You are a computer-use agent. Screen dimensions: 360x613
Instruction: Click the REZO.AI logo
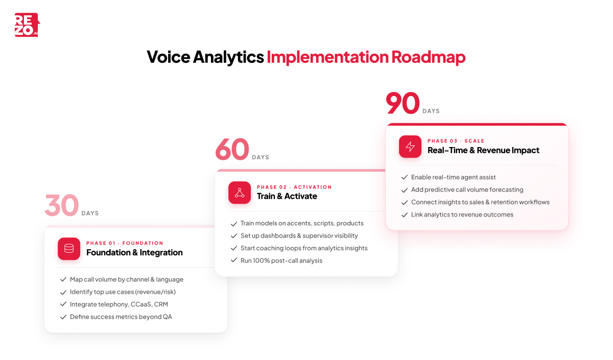click(27, 25)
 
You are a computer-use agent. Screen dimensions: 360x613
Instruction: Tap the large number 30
click(61, 205)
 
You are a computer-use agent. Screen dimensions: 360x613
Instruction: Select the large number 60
click(232, 150)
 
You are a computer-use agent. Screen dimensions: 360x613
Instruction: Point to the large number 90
click(403, 103)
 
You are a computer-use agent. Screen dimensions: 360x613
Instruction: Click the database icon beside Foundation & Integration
click(69, 249)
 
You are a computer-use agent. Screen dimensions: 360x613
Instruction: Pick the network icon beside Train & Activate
click(240, 193)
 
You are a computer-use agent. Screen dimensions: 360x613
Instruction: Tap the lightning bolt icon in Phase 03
click(410, 147)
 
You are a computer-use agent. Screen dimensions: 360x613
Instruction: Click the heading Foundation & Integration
click(134, 252)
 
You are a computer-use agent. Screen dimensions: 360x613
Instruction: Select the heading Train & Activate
click(287, 196)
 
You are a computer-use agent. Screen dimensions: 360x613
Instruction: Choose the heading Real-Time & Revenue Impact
click(483, 150)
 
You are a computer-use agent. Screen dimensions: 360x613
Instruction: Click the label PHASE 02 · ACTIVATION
click(294, 187)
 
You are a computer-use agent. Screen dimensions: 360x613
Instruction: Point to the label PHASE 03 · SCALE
click(456, 141)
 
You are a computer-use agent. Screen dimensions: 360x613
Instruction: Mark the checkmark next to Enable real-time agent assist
click(405, 177)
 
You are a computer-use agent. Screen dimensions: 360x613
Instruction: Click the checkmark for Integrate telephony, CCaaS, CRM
click(63, 304)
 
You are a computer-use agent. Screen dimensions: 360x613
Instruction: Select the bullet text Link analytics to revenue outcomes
click(462, 214)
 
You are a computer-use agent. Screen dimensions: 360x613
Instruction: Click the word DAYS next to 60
click(261, 157)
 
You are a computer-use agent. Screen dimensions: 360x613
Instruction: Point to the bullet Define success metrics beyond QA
click(121, 317)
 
